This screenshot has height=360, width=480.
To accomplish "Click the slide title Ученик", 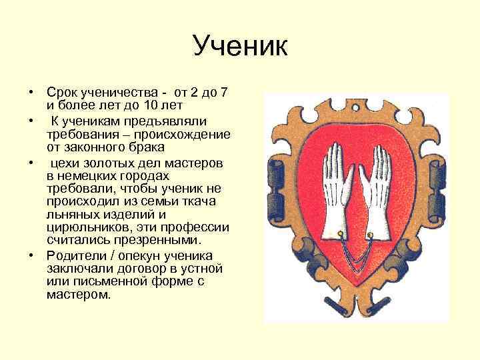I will tap(239, 47).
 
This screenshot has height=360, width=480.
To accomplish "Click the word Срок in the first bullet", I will tap(61, 92).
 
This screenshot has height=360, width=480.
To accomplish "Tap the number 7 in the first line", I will tap(223, 92).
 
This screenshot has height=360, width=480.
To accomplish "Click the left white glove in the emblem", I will tap(333, 193).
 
